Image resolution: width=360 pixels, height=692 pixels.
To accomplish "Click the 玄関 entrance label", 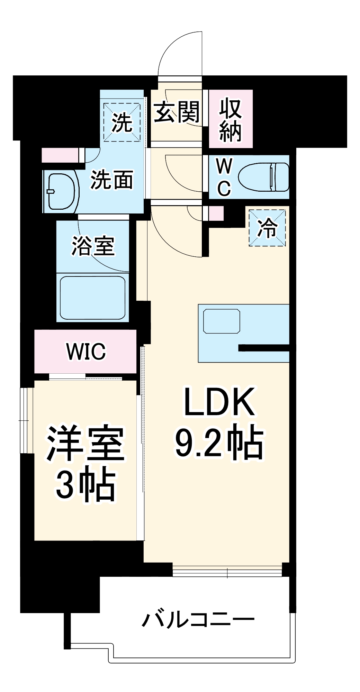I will [177, 112].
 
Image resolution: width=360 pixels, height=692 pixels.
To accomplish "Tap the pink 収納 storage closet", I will [231, 119].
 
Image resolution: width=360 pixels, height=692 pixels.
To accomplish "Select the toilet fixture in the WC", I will [264, 177].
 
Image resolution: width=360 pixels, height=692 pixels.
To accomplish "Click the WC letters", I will [224, 177].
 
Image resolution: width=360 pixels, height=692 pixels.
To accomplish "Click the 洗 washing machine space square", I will [122, 122].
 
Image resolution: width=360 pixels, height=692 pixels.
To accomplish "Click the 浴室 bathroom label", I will [93, 246].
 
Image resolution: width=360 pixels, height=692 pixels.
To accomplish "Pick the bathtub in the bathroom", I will [92, 298].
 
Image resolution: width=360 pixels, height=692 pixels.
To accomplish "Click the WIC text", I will [85, 352].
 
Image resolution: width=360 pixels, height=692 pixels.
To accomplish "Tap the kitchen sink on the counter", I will [222, 321].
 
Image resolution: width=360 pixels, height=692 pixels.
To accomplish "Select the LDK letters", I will [219, 402].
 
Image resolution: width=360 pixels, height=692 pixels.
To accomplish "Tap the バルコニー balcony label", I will [198, 619].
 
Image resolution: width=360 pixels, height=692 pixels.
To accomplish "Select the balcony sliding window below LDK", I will [227, 572].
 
